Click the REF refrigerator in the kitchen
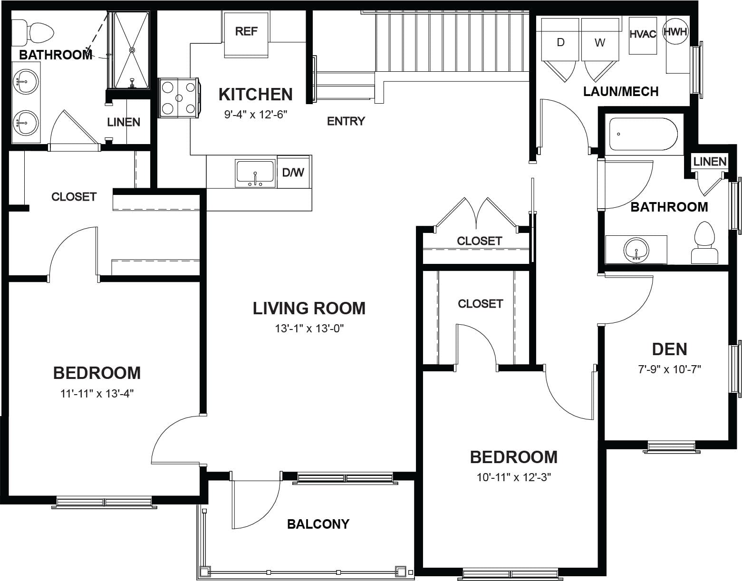click(246, 34)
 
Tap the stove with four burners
click(179, 98)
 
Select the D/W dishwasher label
click(293, 172)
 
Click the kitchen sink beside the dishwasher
click(255, 174)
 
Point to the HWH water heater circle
click(675, 32)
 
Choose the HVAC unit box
click(643, 36)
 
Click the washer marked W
click(599, 43)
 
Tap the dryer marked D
click(560, 43)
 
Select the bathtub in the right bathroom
click(643, 134)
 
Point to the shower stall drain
click(132, 50)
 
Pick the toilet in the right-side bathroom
click(705, 243)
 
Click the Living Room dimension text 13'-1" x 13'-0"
click(309, 329)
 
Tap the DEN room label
click(669, 349)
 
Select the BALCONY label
click(318, 524)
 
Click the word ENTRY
click(346, 121)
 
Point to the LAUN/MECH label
click(621, 92)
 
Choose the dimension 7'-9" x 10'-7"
click(669, 369)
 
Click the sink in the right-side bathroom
click(636, 250)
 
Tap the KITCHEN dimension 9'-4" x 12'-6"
click(255, 115)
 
